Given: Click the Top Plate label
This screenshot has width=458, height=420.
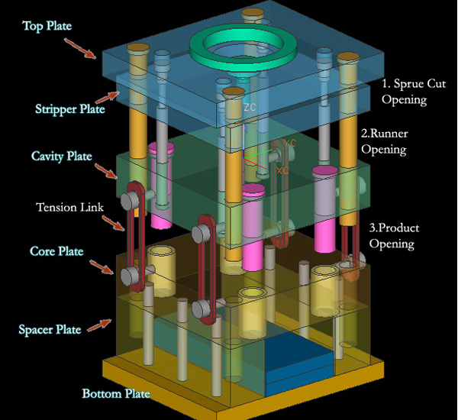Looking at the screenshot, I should click(x=47, y=27).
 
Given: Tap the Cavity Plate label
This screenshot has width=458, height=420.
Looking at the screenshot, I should click(x=61, y=157).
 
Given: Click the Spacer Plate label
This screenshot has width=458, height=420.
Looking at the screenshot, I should click(x=49, y=330).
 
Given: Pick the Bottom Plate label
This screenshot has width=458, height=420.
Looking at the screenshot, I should click(x=115, y=394).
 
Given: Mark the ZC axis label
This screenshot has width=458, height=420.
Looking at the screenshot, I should click(x=249, y=108).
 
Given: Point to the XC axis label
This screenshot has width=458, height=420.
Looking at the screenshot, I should click(x=283, y=170).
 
